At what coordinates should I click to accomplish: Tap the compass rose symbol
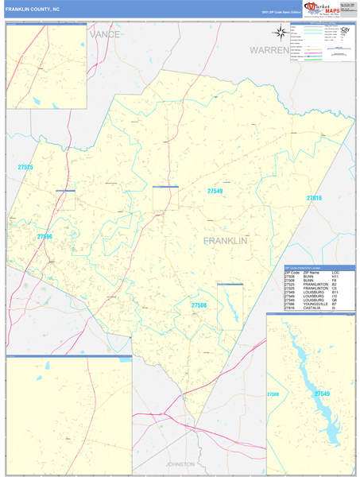point(281,33)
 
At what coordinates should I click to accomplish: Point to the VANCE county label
point(104,35)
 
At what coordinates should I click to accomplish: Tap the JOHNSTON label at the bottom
point(180,463)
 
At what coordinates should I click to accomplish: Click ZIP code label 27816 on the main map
point(314,197)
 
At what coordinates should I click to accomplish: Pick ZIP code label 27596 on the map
point(45,236)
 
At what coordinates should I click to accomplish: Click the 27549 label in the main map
point(215,191)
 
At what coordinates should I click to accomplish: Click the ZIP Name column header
point(311,272)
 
